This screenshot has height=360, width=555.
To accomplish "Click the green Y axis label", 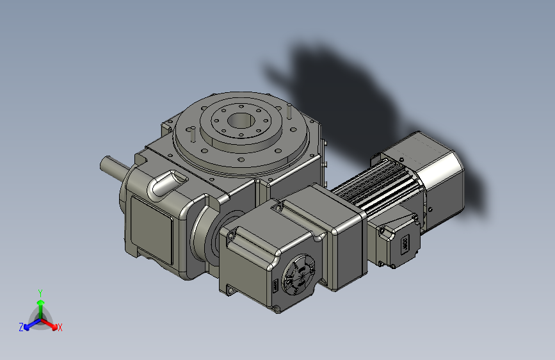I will (40, 292).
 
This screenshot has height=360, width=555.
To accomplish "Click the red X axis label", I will (60, 328).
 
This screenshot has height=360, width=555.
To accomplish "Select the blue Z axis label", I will (21, 327).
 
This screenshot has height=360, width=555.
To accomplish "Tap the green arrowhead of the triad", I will (40, 301).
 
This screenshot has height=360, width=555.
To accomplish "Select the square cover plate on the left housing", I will (152, 227).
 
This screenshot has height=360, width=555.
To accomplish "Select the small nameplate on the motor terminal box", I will (405, 245).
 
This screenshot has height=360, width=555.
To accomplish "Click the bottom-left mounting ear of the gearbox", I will (228, 290).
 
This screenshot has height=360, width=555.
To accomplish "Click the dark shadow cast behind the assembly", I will (358, 96).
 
